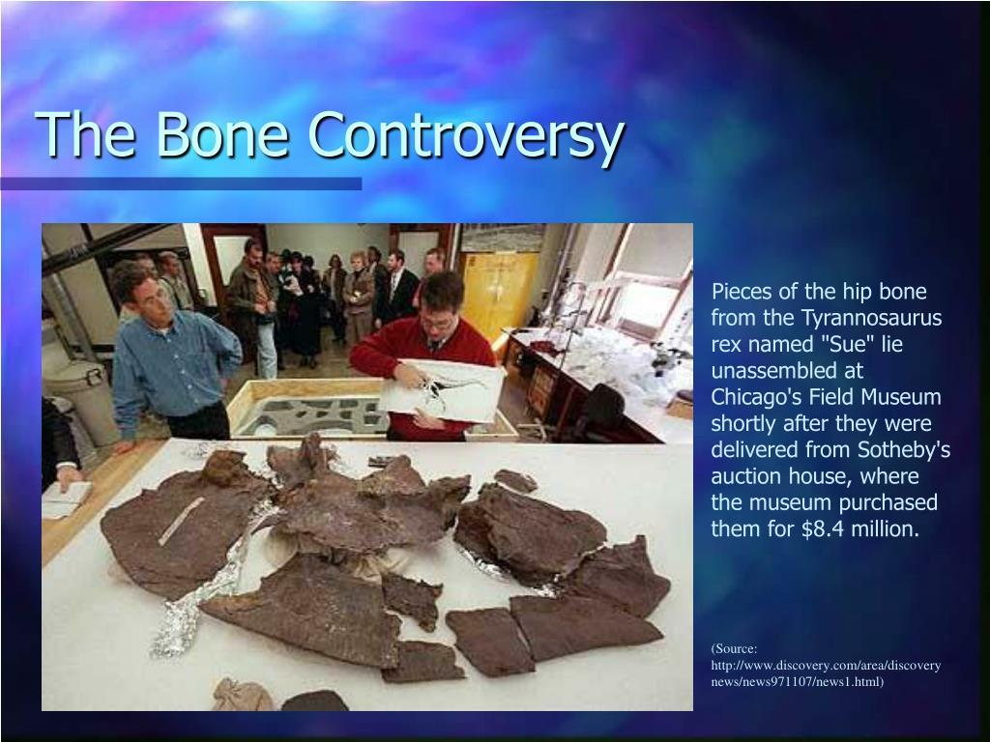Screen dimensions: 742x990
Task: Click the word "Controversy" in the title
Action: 463,136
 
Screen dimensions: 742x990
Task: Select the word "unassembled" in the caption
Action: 763,371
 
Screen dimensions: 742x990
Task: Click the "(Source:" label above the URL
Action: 734,648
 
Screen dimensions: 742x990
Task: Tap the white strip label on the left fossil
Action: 181,521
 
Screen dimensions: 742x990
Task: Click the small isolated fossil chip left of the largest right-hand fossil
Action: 514,480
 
